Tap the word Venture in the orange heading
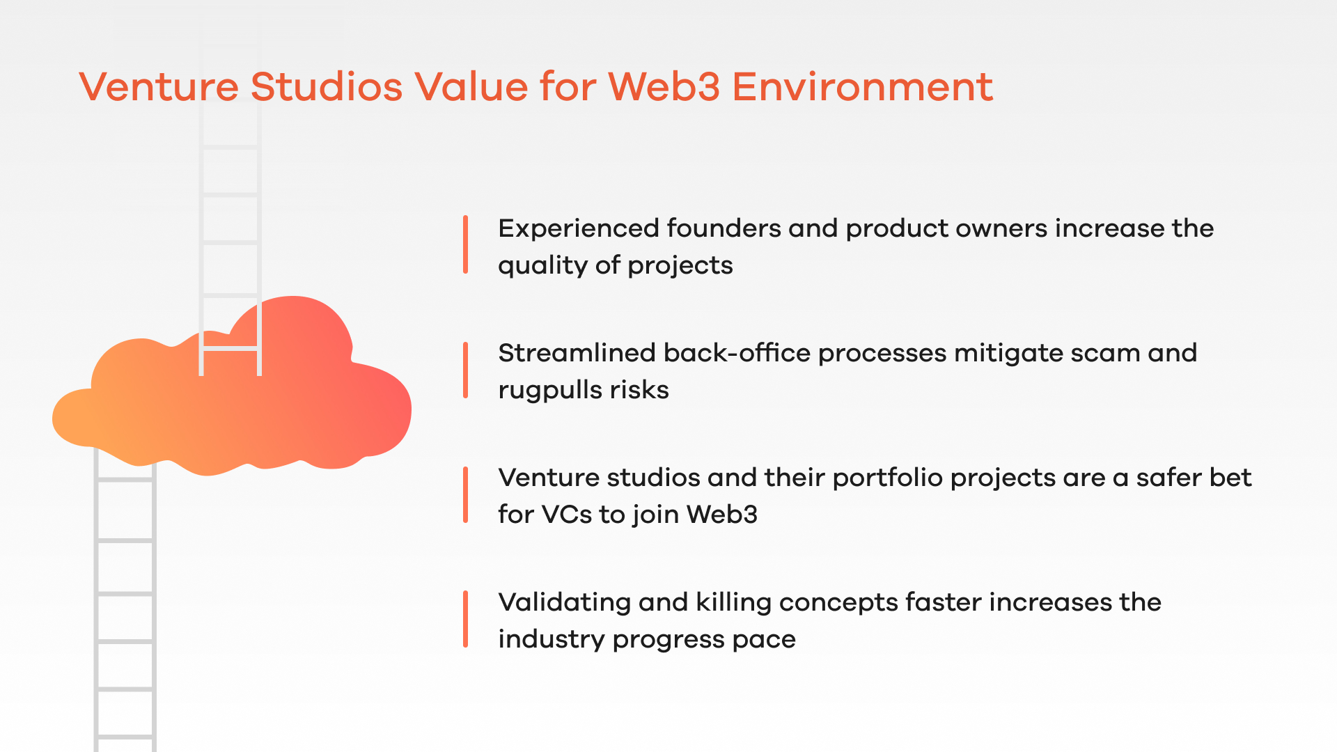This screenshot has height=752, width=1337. point(159,87)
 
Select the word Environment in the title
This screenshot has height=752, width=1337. point(862,87)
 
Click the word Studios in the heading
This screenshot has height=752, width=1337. point(327,87)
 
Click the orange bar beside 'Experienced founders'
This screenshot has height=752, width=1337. point(465,244)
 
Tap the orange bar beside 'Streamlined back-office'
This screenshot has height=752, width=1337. point(465,370)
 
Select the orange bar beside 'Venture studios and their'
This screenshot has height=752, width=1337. point(465,494)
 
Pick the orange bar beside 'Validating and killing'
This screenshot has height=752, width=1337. point(465,619)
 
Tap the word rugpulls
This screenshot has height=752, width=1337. point(551,391)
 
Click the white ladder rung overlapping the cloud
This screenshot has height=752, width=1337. point(230,347)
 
